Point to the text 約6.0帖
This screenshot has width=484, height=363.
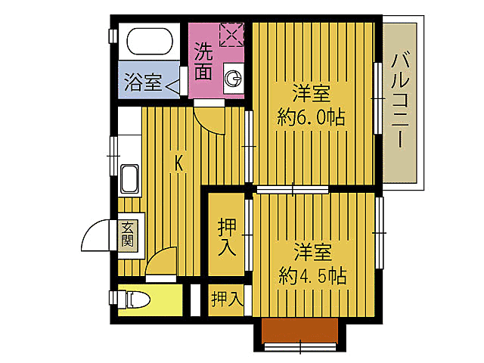coord(312,117)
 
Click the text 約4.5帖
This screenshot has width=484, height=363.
coord(312,274)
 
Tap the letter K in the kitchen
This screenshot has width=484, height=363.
coord(179,162)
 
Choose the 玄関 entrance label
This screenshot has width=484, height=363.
coord(127,235)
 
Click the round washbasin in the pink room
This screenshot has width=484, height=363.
coord(234,77)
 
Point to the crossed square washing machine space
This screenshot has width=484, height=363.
coord(230,34)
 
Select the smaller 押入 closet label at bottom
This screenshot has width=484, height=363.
coord(226,300)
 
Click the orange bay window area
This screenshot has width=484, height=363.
coord(299,331)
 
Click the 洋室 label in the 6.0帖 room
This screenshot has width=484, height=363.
coord(312,95)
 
